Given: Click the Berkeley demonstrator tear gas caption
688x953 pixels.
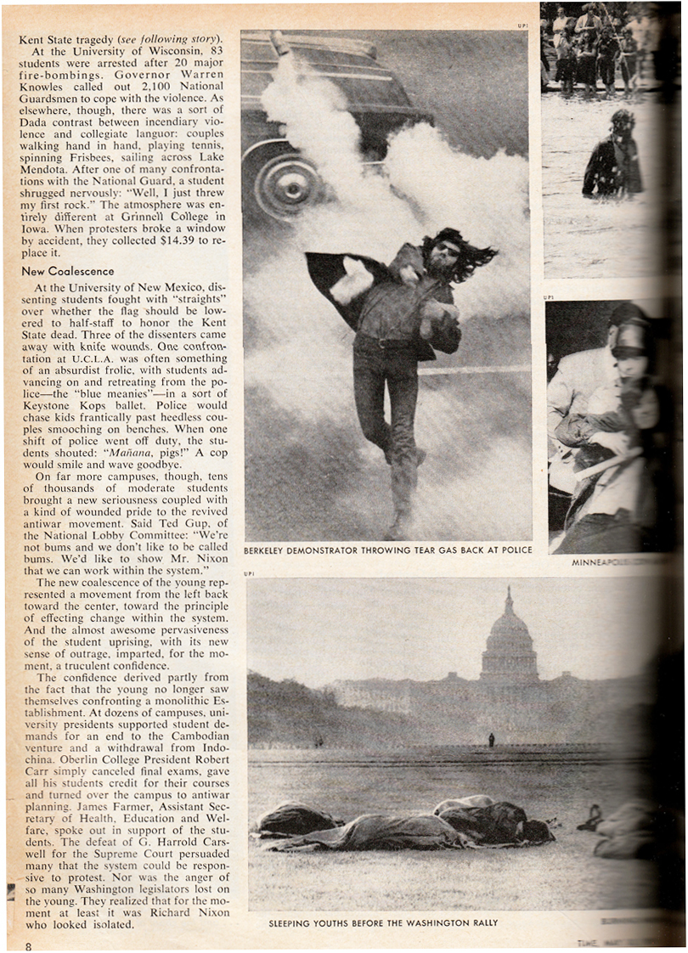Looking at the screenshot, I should coord(387,550).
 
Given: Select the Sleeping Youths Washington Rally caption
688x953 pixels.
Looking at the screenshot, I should coord(383,922).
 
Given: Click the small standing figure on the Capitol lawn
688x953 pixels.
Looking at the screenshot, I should coord(491,740).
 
